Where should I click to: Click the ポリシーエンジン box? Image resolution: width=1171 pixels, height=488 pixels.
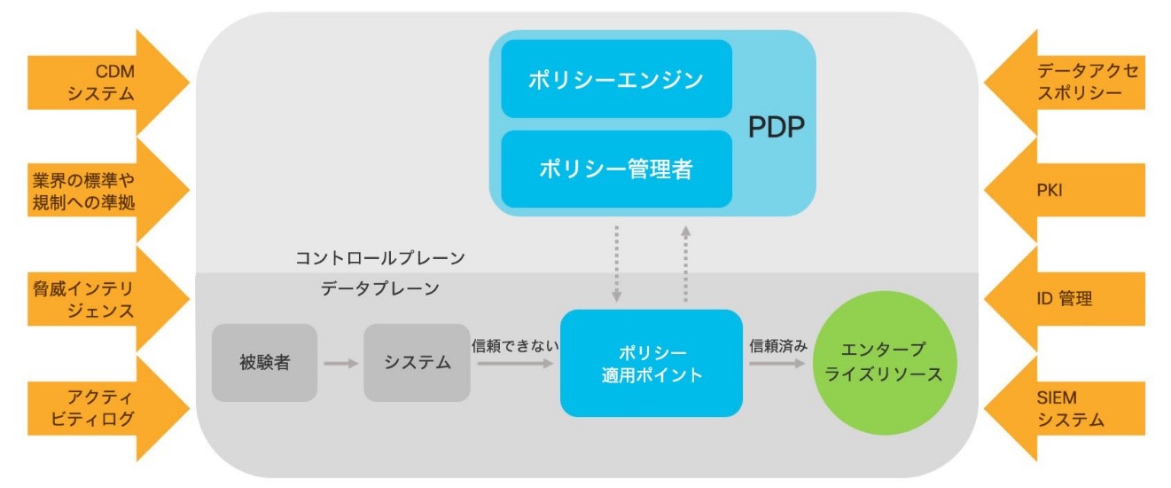point(616,79)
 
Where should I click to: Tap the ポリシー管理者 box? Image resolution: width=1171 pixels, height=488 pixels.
point(616,169)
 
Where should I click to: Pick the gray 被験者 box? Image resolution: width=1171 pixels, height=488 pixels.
point(264,363)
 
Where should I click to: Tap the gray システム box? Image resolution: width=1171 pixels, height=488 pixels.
point(417,363)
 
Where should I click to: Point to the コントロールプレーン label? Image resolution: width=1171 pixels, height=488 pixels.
point(380,258)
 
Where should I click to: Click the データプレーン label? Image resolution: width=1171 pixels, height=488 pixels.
point(380,288)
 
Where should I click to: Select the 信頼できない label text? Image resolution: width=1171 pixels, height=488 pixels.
point(515,345)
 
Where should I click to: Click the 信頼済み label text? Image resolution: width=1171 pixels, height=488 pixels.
point(778,345)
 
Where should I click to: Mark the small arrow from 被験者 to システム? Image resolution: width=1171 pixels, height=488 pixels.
point(340,363)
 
